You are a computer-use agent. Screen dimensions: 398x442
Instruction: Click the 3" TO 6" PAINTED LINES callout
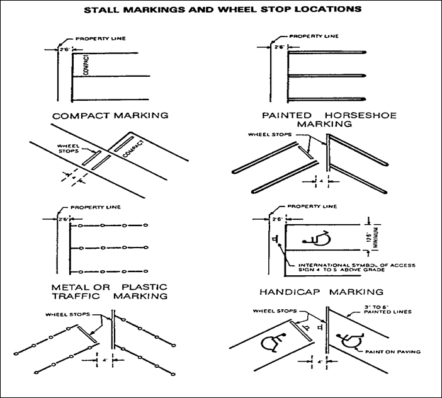point(392,308)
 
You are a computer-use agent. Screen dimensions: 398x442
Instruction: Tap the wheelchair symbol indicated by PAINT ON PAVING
point(348,341)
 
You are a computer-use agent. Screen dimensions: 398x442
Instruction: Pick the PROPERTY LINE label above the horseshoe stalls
point(308,37)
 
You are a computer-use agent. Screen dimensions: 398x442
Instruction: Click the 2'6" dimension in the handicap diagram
point(277,218)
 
